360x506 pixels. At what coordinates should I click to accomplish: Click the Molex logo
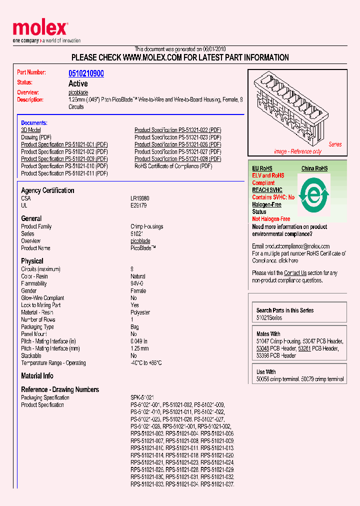[40, 29]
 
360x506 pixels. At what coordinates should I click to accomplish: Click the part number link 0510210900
[86, 73]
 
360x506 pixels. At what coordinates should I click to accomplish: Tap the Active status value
[78, 83]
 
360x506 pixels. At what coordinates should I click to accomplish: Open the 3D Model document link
[30, 130]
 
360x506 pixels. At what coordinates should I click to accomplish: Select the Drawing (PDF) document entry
[36, 137]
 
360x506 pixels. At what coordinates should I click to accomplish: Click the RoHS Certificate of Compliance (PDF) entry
[173, 166]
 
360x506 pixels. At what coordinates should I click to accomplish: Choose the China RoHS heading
[314, 168]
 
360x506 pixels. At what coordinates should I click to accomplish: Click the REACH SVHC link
[267, 190]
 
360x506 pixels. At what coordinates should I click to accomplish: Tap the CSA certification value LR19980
[140, 198]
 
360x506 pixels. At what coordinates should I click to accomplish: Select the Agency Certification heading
[47, 190]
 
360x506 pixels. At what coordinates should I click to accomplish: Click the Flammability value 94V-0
[138, 283]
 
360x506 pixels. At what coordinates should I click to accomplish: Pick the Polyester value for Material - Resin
[140, 312]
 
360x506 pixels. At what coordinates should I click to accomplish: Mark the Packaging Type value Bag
[134, 327]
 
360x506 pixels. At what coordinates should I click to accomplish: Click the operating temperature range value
[146, 363]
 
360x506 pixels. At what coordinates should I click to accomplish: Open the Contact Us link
[295, 273]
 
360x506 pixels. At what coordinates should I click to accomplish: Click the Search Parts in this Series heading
[285, 310]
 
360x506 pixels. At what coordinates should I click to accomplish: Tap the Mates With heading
[268, 334]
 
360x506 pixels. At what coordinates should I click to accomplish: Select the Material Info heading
[37, 376]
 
